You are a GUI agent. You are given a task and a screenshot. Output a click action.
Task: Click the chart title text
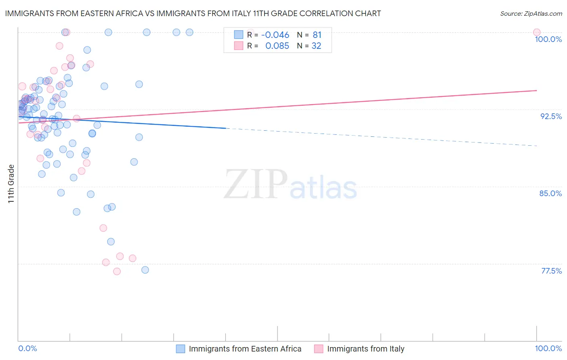193,13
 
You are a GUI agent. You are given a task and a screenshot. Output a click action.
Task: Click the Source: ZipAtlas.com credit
531,14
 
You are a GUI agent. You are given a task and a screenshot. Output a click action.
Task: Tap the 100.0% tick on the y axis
548,39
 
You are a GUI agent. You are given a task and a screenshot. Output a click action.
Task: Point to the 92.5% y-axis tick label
551,116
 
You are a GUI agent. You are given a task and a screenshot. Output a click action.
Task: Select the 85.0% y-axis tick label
550,193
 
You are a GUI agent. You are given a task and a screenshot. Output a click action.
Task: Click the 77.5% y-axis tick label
551,271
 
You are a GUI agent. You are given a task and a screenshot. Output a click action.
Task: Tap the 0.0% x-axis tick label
27,348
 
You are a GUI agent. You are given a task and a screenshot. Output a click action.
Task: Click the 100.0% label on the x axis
548,348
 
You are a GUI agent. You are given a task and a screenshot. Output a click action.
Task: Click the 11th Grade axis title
11,184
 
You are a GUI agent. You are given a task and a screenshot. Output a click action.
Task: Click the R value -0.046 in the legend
275,35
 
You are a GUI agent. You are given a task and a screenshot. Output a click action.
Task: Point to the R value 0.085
277,46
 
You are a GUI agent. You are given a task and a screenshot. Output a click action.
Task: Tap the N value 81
317,35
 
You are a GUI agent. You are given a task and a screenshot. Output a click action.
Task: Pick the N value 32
316,46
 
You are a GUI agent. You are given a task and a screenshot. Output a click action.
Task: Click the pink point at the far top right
536,32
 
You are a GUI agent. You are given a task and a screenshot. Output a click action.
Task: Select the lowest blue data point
145,270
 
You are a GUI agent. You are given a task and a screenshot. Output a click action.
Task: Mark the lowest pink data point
117,271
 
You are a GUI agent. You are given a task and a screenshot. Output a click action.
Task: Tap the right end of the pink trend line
536,90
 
